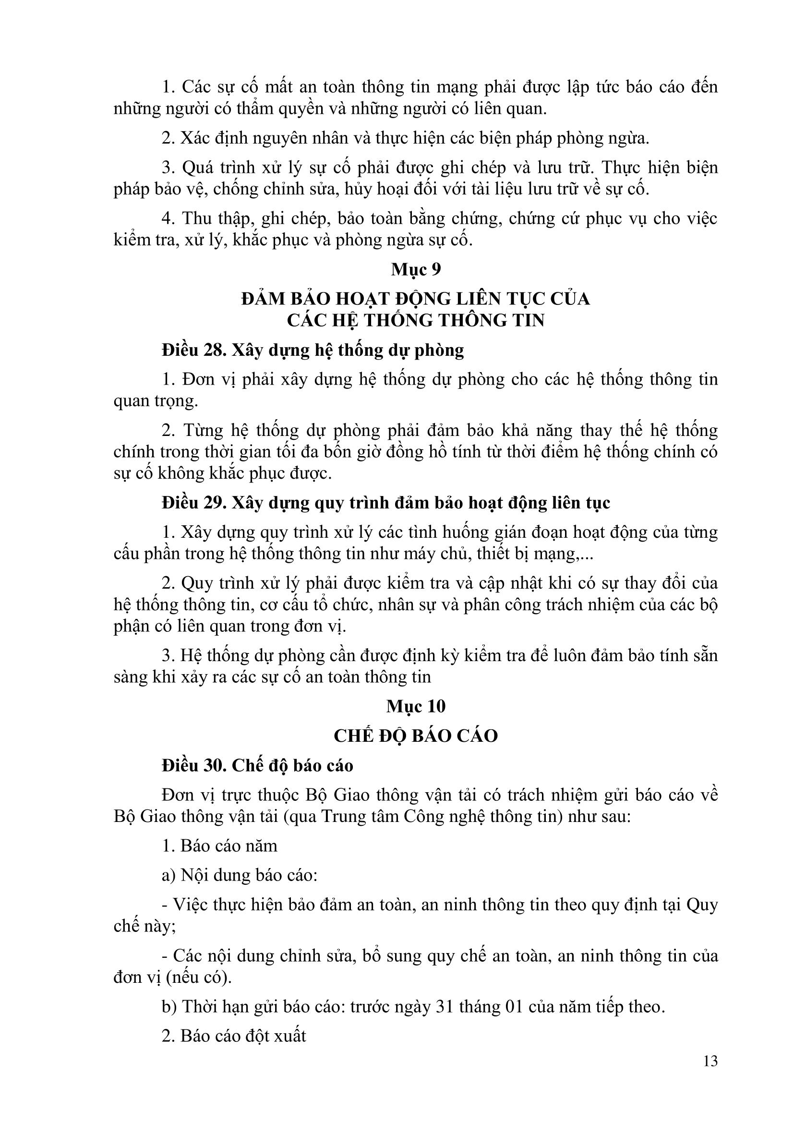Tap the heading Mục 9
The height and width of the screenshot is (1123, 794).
click(416, 269)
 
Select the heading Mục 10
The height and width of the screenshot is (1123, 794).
click(416, 706)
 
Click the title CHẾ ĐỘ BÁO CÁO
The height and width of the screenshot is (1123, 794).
click(416, 736)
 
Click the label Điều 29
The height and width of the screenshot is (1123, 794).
click(192, 503)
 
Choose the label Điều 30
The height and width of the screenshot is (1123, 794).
click(192, 765)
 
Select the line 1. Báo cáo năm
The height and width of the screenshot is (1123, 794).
click(219, 845)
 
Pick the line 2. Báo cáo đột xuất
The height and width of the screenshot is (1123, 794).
click(234, 1036)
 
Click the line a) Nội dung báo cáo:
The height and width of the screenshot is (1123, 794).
click(240, 875)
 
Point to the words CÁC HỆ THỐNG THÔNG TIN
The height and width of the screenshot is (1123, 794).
click(416, 320)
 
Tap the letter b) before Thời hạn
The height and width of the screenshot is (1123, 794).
click(169, 1007)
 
